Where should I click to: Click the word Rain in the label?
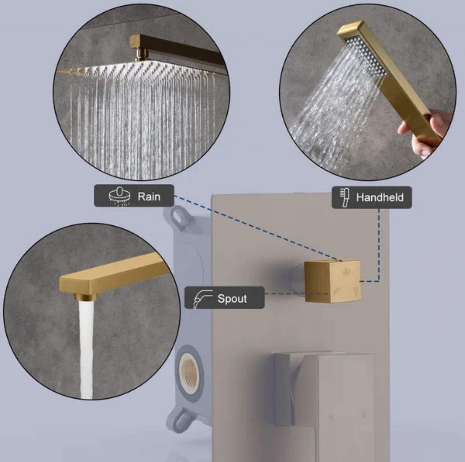tap(149, 196)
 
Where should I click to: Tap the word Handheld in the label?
tap(380, 197)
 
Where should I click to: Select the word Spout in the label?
tap(232, 298)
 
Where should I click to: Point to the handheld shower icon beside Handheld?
tap(344, 197)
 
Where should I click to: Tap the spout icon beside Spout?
tap(201, 298)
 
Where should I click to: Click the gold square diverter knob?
tap(332, 281)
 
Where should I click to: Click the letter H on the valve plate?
tap(331, 416)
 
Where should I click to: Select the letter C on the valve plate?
tap(363, 415)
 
